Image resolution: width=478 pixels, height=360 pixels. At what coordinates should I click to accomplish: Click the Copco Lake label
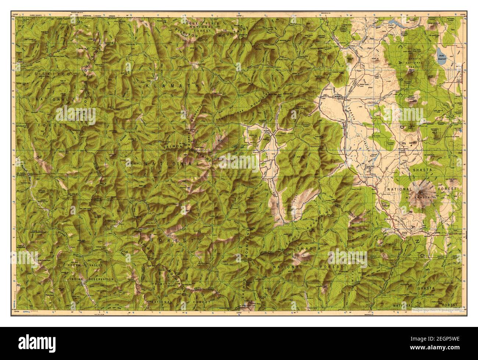(383, 26)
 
